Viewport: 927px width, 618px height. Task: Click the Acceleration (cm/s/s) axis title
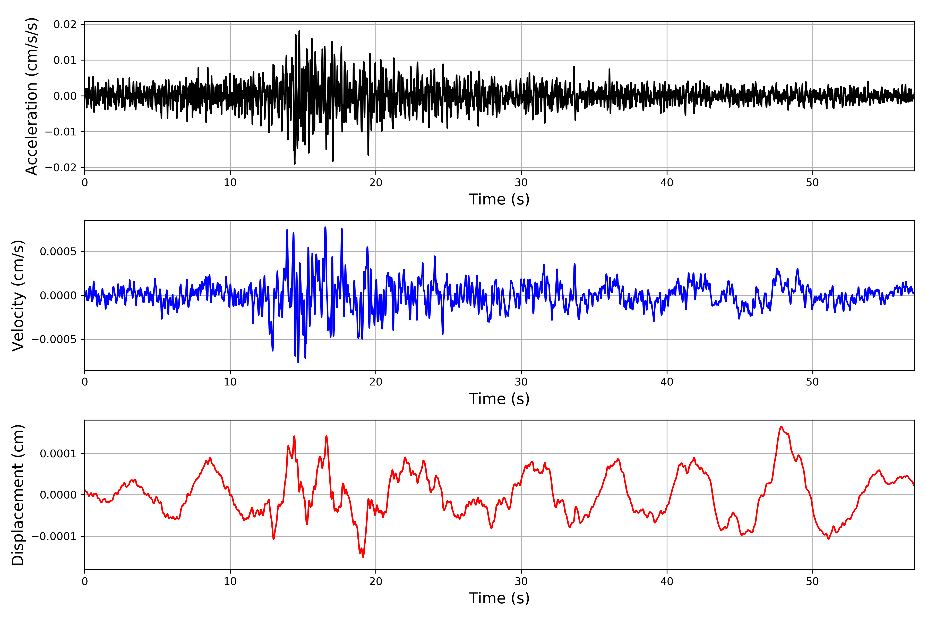point(31,96)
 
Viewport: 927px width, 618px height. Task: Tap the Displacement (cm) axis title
point(18,495)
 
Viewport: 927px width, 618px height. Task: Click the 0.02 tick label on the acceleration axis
point(65,24)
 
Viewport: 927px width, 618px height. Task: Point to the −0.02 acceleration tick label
point(61,168)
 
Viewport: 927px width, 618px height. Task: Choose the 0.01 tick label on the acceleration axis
point(65,60)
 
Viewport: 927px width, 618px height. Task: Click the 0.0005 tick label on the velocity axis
point(58,252)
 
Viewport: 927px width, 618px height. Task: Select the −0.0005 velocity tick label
point(54,339)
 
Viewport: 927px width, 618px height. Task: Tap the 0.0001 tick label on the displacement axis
point(58,454)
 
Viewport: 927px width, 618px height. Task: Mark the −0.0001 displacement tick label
point(54,536)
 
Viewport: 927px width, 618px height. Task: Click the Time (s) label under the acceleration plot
point(499,199)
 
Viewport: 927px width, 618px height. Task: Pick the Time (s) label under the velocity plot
point(499,399)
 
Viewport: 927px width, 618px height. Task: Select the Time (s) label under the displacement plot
point(499,598)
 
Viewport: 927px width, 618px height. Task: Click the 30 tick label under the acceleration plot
point(521,183)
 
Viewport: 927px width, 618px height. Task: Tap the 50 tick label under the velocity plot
point(812,382)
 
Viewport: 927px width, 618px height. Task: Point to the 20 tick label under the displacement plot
point(376,581)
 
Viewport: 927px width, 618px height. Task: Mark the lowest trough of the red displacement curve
point(363,556)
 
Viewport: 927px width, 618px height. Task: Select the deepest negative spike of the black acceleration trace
point(294,164)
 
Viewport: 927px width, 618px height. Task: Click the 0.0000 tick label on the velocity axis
point(58,296)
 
